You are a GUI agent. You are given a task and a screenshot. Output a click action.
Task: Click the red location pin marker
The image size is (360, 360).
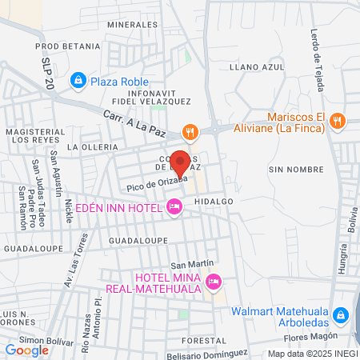[182, 162]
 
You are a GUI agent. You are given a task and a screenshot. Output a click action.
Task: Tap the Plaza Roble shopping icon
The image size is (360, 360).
[78, 81]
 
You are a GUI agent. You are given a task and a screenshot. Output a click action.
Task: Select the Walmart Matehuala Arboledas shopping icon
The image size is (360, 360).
[342, 314]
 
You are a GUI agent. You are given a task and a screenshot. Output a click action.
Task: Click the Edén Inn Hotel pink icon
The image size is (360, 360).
[174, 208]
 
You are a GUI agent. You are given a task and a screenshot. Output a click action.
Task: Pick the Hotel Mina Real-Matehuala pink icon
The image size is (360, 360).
[213, 282]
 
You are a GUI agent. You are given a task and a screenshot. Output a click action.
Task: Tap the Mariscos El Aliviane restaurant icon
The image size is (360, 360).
[338, 120]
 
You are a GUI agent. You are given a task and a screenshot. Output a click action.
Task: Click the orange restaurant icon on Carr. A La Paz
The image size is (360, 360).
[190, 130]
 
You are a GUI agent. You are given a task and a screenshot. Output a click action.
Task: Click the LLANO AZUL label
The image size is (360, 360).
[257, 68]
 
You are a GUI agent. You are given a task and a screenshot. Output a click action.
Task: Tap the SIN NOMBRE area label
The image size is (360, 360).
[289, 170]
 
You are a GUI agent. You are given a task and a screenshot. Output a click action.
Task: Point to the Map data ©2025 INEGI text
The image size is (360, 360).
[312, 354]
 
